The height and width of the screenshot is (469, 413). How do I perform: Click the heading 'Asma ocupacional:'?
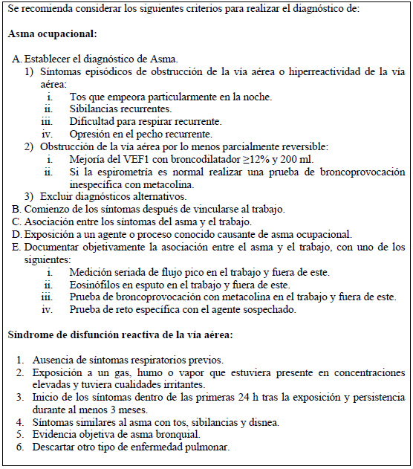(53, 34)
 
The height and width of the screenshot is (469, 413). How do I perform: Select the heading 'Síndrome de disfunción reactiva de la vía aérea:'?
(120, 334)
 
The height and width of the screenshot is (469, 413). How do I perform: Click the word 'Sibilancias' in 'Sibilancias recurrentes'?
(94, 109)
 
